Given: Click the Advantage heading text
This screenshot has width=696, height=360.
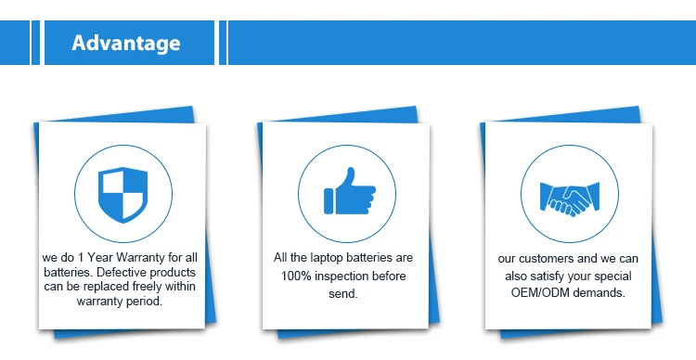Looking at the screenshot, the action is pos(126,43).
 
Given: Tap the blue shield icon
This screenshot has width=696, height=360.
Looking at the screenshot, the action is pos(122,195).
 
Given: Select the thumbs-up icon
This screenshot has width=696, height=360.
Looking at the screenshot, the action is pos(350,191).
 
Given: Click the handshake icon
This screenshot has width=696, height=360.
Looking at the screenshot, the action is pos(570,199).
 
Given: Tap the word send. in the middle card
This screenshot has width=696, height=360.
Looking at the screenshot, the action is pos(343,294).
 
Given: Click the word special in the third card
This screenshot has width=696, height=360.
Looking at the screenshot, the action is pos(614,276).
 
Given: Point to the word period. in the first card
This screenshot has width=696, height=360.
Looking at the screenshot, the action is pos(145,302).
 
